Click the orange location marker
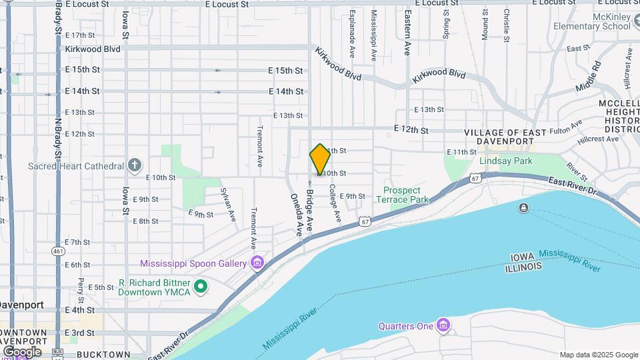pos(320,159)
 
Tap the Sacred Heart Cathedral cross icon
pos(135,165)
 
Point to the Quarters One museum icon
pos(443,326)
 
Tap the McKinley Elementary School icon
pos(559,26)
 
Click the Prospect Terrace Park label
pos(401,195)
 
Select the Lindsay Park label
pos(506,161)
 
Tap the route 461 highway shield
pos(59,251)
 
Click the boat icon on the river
pos(523,209)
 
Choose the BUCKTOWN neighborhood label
pos(103,354)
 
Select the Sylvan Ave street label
pos(229,203)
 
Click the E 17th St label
pos(81,35)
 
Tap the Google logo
pos(22,351)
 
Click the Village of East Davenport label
pos(505,137)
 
